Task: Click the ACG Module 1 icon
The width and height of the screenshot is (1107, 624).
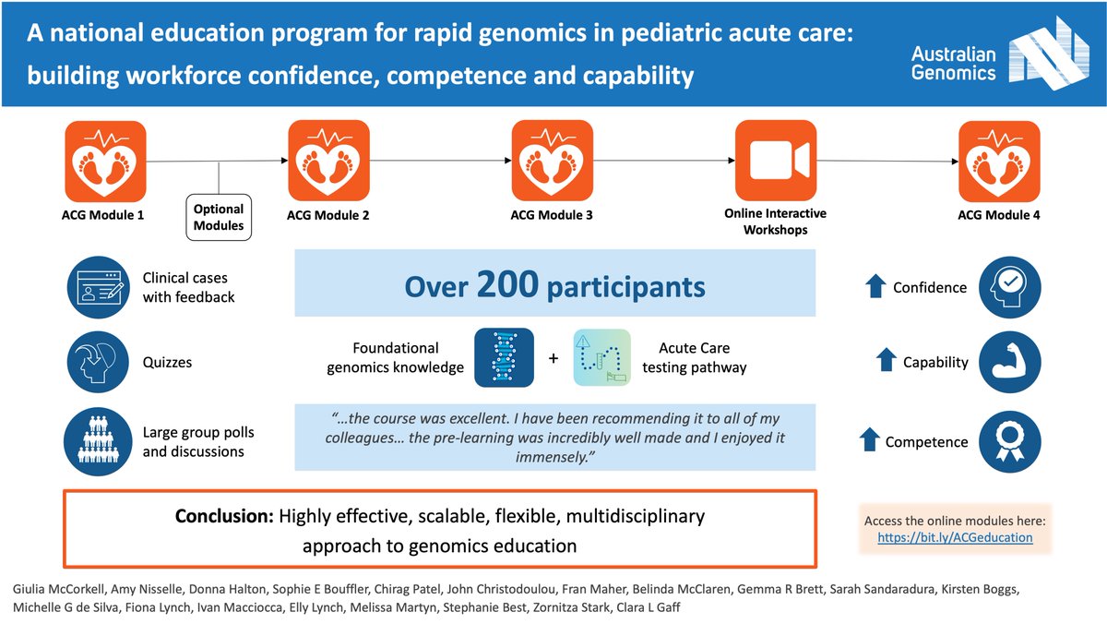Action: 104,162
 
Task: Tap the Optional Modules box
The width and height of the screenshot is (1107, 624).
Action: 219,217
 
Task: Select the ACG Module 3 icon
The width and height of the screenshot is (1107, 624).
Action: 552,162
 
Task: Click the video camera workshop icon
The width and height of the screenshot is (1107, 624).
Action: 776,162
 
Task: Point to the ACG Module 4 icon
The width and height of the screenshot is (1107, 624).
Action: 999,162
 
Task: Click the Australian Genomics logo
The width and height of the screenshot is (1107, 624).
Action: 1001,53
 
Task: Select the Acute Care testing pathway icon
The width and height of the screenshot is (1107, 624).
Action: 601,357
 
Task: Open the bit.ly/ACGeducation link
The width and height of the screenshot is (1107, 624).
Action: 955,536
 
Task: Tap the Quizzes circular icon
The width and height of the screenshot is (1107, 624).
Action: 96,362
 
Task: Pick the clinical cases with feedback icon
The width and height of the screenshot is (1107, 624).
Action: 96,287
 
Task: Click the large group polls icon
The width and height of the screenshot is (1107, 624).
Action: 96,442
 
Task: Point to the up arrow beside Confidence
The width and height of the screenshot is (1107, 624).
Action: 875,287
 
